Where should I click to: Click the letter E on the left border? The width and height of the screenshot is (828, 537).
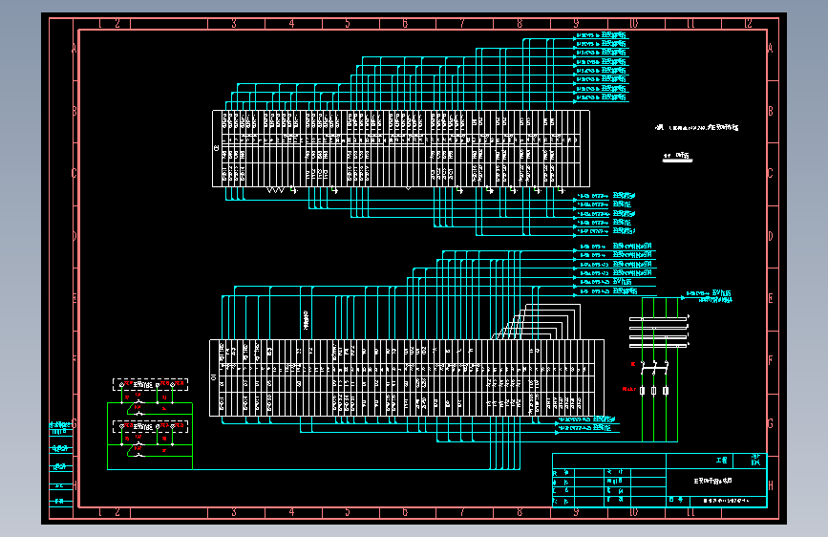(74, 298)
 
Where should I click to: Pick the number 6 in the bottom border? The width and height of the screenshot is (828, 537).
(405, 512)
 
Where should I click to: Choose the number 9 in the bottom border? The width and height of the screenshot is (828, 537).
(576, 512)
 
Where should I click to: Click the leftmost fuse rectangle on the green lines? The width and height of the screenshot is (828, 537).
(643, 391)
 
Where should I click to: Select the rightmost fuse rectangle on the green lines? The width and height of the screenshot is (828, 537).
(665, 391)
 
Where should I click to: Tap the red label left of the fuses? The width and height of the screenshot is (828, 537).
(628, 390)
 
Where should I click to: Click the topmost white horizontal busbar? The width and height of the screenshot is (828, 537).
(657, 318)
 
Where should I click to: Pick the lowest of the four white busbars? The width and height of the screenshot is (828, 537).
(657, 347)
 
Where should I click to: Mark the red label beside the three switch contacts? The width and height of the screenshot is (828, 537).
(632, 364)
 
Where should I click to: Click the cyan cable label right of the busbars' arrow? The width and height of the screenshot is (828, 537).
(711, 296)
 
